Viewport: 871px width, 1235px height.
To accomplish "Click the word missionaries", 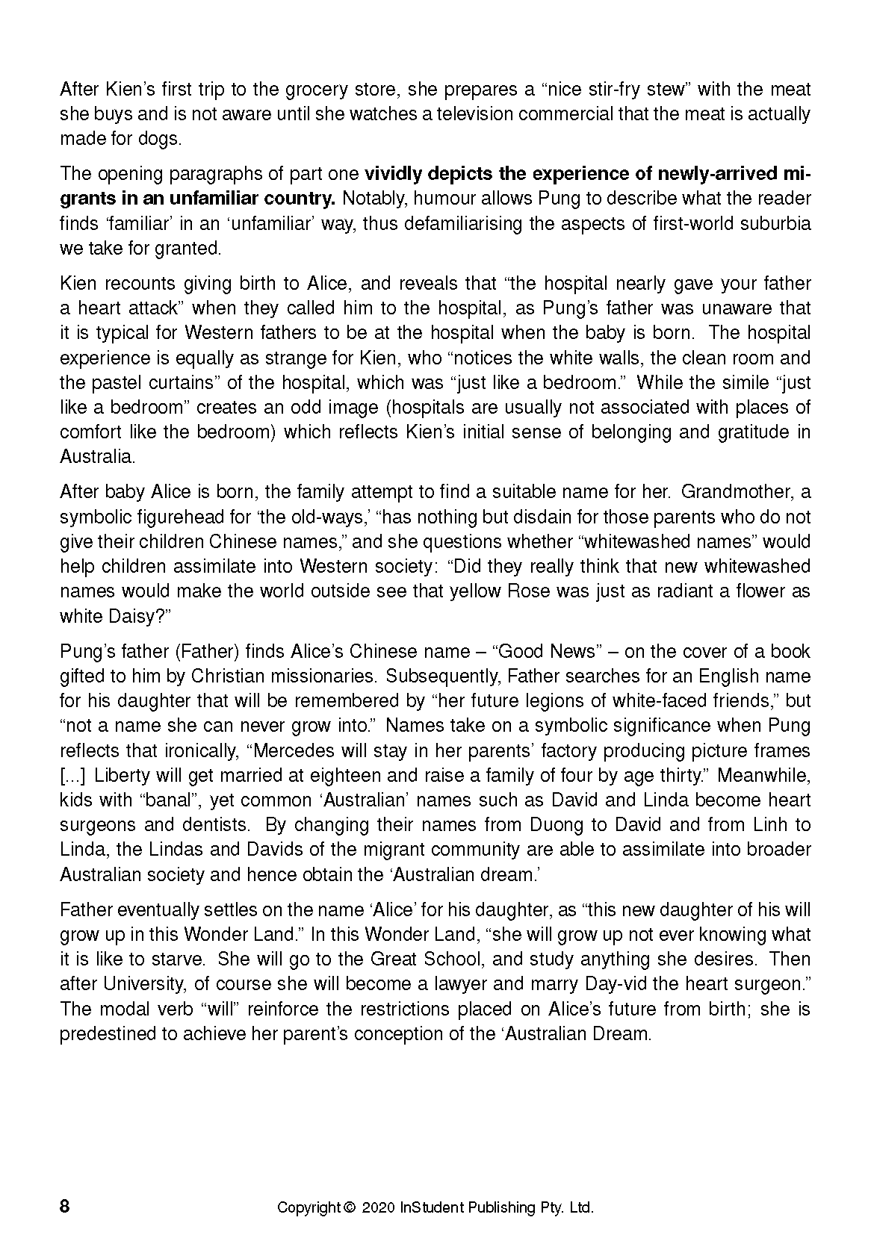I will pyautogui.click(x=322, y=676).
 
